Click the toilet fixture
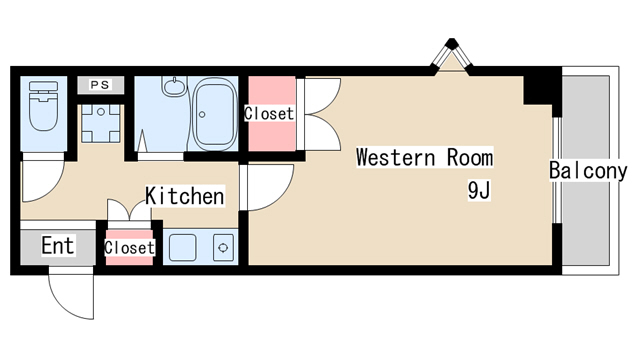click(x=43, y=106)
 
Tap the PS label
click(x=100, y=85)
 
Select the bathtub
click(x=215, y=114)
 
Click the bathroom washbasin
click(x=175, y=87)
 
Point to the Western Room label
click(x=424, y=158)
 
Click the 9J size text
click(x=479, y=190)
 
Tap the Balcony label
click(x=588, y=171)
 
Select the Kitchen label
click(x=185, y=196)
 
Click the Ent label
click(x=58, y=246)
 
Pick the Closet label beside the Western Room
click(x=269, y=113)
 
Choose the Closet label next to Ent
click(x=129, y=248)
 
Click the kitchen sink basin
click(x=182, y=247)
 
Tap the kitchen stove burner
click(x=223, y=247)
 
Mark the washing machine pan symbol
click(x=101, y=123)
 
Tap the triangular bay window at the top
click(x=451, y=57)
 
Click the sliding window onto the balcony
click(x=557, y=170)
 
